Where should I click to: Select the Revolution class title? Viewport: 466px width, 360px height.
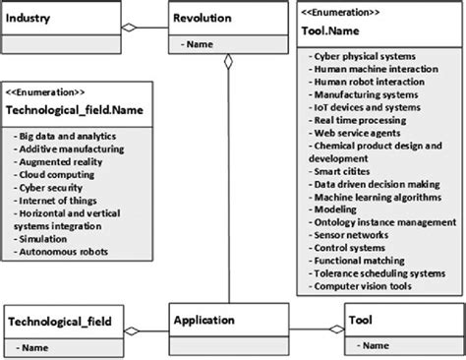pos(203,19)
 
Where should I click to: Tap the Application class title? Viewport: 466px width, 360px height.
pos(204,320)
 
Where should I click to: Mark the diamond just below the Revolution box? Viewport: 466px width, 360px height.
pos(228,63)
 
